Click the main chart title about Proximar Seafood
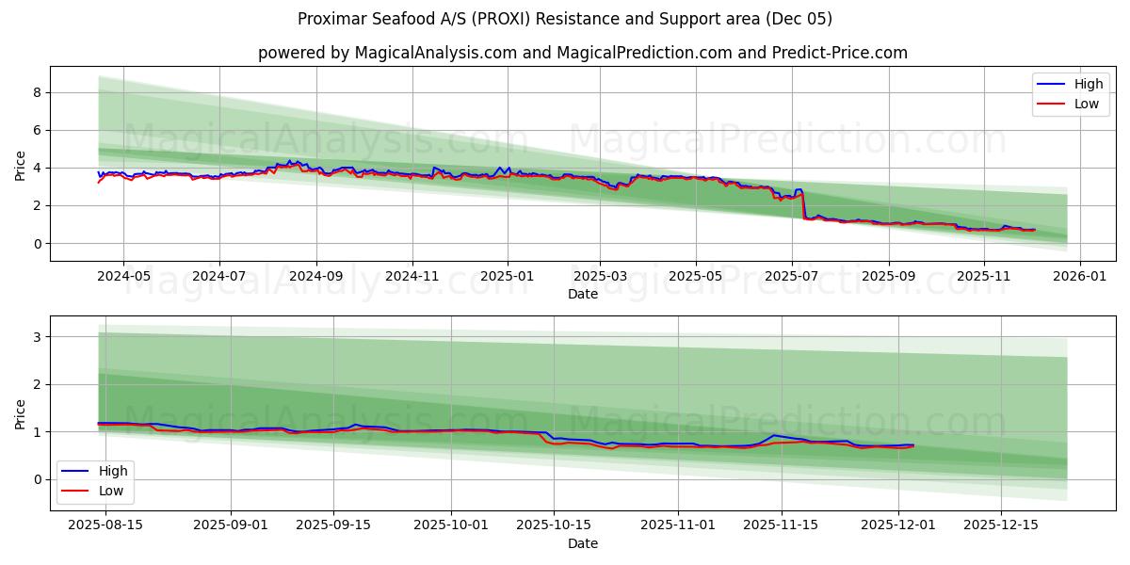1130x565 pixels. click(x=564, y=19)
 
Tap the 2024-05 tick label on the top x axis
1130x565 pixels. click(x=123, y=277)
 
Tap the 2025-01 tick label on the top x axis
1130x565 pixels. click(x=507, y=277)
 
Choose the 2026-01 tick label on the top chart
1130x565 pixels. click(x=1079, y=277)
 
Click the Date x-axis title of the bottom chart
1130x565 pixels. click(x=582, y=543)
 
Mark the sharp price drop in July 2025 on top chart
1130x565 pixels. click(x=803, y=205)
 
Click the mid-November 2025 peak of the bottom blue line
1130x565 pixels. click(x=773, y=435)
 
